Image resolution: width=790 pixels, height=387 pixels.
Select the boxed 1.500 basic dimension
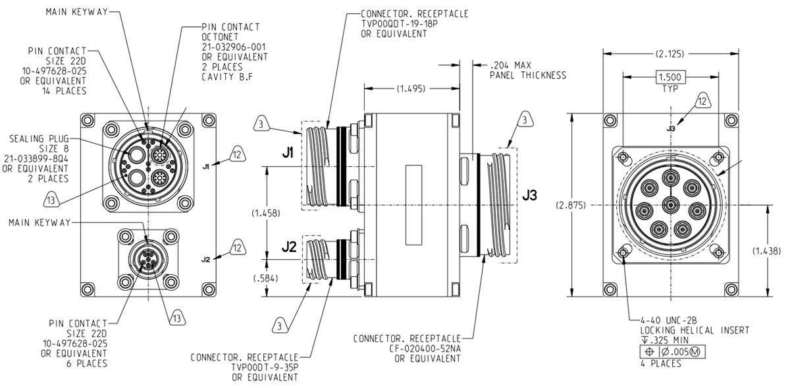click(x=671, y=77)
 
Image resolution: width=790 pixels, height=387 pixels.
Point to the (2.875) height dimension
click(x=570, y=205)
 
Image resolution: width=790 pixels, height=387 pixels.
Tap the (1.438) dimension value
click(x=768, y=251)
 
